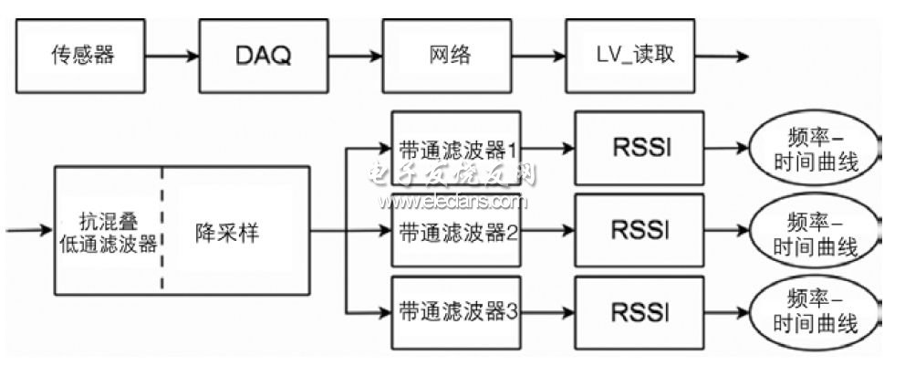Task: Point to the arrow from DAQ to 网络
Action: (356, 57)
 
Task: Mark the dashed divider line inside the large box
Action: (162, 232)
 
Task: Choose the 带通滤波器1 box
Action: (456, 149)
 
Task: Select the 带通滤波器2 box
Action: (456, 231)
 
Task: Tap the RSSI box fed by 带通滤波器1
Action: (640, 149)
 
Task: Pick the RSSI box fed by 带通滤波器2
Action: (640, 231)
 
